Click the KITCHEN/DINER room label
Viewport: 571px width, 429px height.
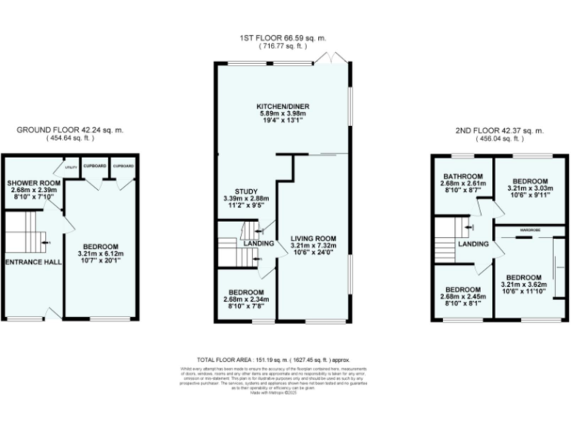(x=283, y=107)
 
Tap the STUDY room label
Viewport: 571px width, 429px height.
(x=245, y=191)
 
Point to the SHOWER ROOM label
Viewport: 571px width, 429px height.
(x=33, y=182)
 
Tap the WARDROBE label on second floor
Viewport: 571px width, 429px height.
(x=529, y=230)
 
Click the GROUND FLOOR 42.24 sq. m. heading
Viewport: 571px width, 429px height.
(x=70, y=129)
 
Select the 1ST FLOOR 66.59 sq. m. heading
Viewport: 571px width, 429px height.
(x=283, y=37)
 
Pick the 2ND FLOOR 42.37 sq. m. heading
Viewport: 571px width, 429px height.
(x=499, y=130)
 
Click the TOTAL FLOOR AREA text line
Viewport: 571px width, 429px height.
(x=283, y=358)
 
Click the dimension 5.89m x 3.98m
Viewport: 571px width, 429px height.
(x=283, y=115)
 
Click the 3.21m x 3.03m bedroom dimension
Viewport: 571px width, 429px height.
(x=530, y=189)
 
